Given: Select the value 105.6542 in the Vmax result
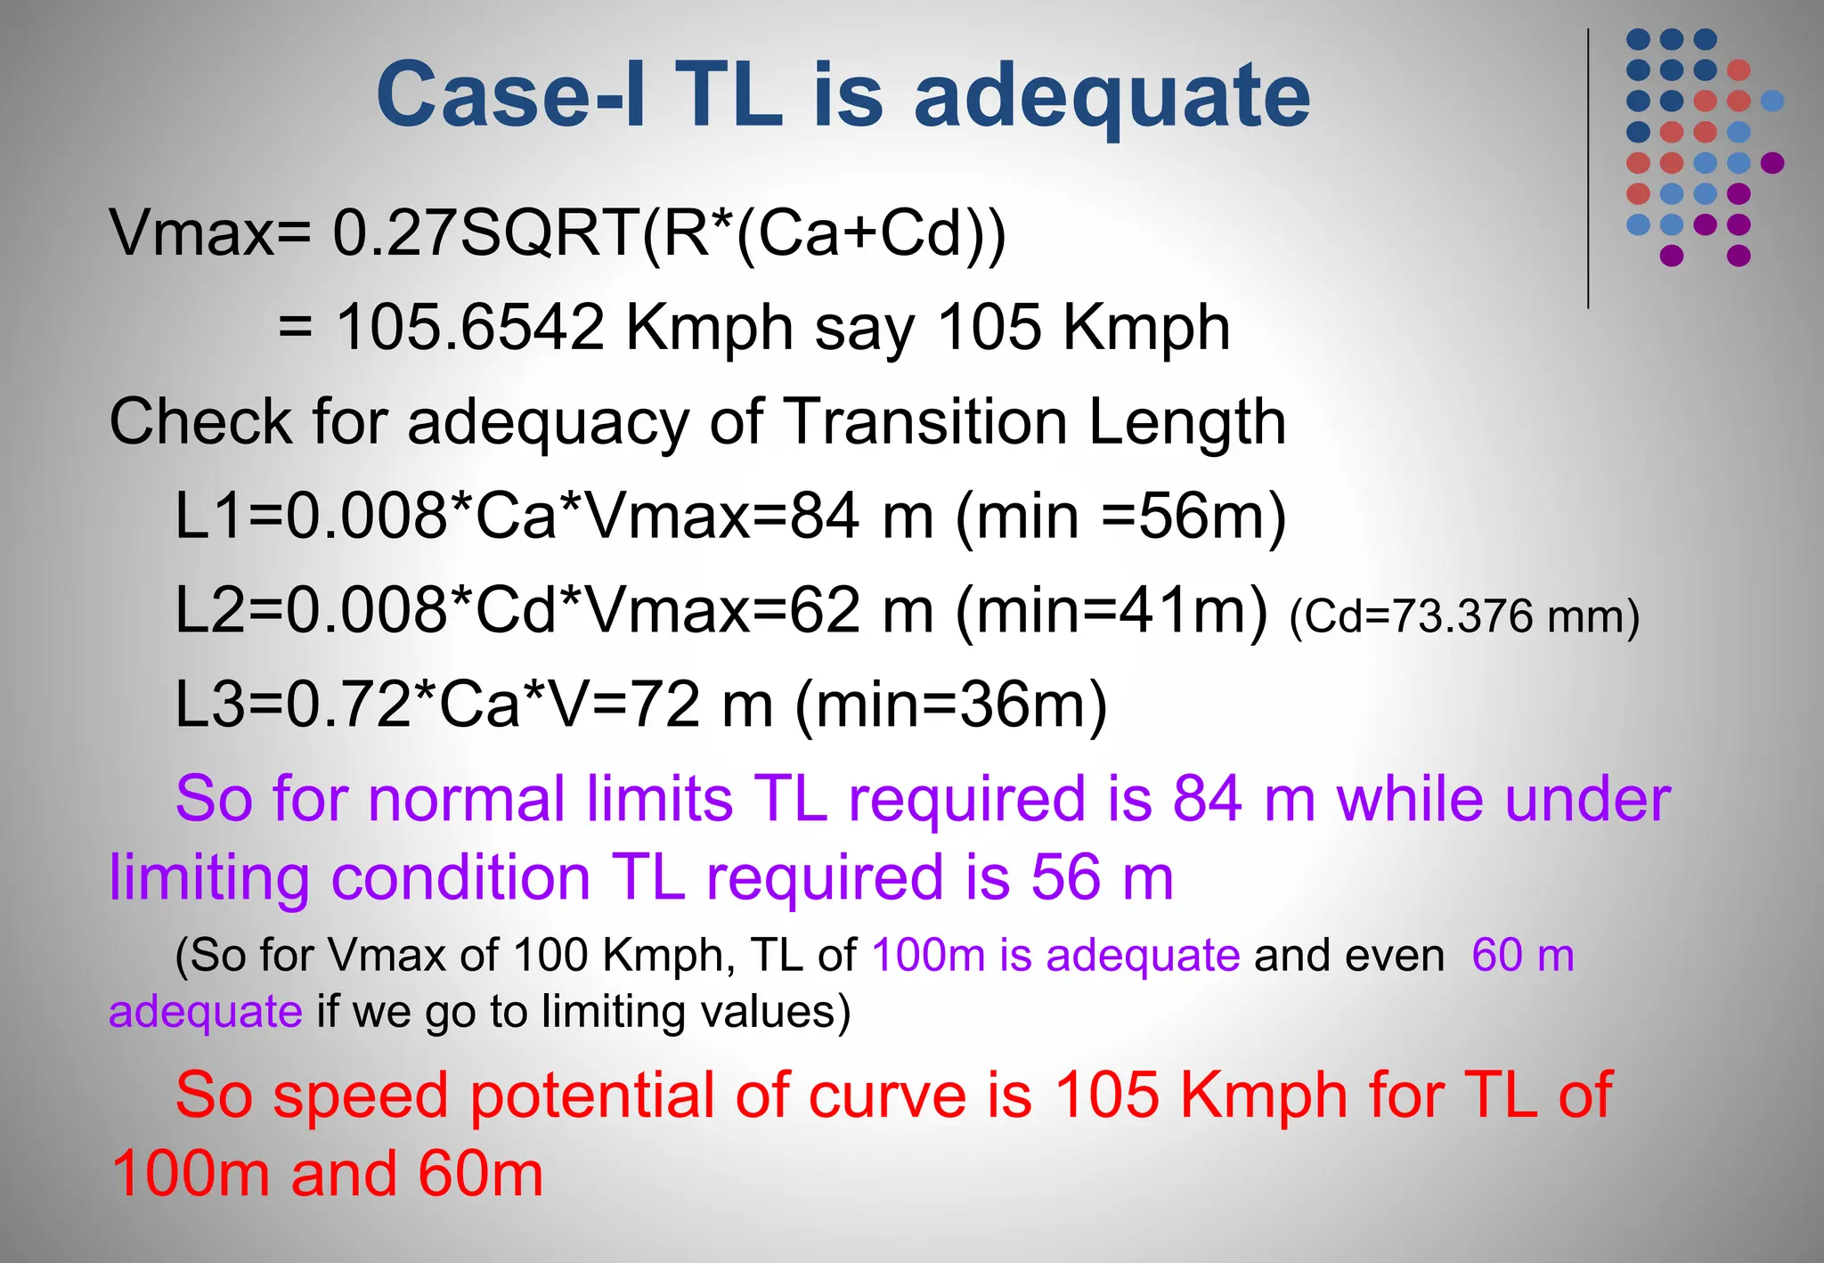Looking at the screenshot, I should click(x=470, y=327).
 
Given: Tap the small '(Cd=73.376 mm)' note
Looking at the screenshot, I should click(x=1463, y=616).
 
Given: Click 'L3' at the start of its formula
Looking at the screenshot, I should click(x=209, y=705).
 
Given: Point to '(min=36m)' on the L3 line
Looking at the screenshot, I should click(x=950, y=705).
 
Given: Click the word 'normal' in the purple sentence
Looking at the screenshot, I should click(x=467, y=799).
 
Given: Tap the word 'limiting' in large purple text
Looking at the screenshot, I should click(x=209, y=878).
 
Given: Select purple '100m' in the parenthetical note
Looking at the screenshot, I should click(x=927, y=956).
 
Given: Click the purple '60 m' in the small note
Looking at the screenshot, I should click(x=1523, y=956).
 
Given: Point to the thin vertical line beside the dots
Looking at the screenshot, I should click(x=1588, y=169).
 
